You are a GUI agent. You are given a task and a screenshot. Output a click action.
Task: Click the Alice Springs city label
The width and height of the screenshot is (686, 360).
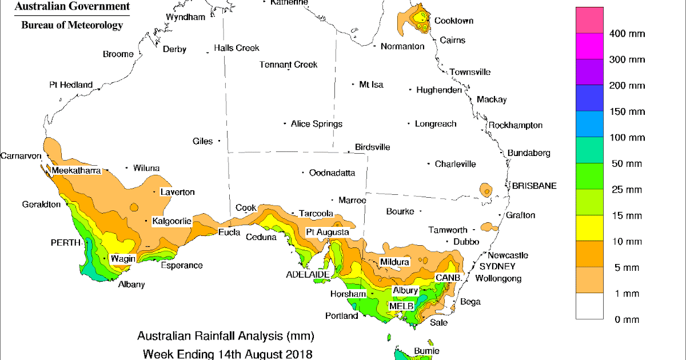316,123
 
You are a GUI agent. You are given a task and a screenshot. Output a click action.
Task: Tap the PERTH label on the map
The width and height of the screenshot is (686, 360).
65,243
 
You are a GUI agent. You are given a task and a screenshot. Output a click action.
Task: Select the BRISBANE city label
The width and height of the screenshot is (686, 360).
534,186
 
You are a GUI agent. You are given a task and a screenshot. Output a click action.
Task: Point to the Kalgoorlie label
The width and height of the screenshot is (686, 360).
171,221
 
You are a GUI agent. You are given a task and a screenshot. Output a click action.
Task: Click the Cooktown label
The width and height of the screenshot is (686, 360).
453,21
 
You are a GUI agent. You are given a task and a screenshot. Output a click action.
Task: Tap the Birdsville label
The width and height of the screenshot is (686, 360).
372,147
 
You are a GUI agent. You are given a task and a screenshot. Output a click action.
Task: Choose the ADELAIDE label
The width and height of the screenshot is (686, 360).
307,274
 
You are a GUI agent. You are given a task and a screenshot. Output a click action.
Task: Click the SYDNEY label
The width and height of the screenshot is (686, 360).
497,266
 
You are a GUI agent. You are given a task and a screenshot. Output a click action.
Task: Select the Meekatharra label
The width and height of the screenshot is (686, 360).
76,170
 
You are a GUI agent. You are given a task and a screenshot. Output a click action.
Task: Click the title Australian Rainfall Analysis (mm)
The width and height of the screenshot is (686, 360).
225,335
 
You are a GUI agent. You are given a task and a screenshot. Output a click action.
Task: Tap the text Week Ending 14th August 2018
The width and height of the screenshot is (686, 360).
225,353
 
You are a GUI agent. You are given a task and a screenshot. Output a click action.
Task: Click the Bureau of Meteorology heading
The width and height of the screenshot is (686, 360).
72,25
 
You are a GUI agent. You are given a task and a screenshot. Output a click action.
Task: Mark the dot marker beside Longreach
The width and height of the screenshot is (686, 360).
409,123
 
